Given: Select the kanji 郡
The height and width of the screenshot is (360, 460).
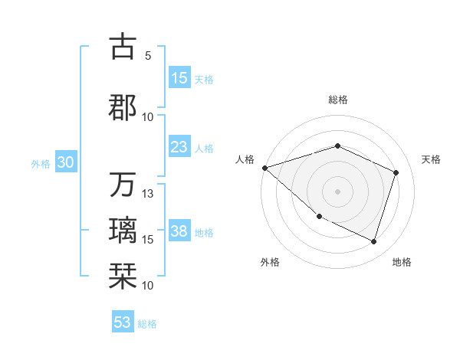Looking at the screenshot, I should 123,106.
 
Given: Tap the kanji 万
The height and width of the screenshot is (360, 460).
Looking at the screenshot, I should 123,185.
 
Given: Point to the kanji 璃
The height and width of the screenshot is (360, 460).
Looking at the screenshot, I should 123,231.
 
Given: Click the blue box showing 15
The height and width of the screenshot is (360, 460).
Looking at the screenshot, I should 179,78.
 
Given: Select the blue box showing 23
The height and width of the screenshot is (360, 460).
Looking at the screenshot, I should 179,147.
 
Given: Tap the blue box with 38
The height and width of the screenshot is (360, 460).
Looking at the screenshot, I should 179,232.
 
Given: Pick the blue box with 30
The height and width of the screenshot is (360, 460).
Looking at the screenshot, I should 65,163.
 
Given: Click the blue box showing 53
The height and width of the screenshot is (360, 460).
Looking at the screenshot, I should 123,322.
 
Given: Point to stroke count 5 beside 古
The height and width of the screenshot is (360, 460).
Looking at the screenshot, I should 148,56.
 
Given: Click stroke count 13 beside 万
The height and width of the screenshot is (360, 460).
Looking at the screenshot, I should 148,194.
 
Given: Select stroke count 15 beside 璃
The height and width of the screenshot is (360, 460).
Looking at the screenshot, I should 148,240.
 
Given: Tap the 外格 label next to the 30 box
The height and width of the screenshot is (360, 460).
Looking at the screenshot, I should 41,164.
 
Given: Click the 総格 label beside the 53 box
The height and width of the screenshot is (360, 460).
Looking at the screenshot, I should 147,324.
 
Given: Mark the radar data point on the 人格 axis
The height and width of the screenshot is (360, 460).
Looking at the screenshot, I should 264,167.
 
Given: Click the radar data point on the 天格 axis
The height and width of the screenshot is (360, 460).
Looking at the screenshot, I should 396,172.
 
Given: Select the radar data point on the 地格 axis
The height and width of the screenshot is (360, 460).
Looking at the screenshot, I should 373,242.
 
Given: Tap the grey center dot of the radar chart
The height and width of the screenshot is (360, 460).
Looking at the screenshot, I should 337,191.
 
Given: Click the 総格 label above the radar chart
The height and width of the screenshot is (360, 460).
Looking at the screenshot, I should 337,100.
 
